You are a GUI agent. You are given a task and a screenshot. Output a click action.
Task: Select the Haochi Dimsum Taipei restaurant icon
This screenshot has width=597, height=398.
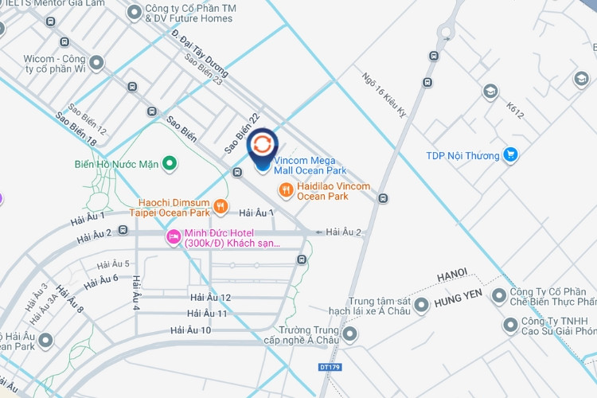(x=221, y=207)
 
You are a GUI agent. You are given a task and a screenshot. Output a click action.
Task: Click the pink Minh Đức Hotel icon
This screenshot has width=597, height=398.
(x=174, y=237)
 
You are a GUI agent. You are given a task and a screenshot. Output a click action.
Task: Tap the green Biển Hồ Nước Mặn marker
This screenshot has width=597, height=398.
(x=169, y=165)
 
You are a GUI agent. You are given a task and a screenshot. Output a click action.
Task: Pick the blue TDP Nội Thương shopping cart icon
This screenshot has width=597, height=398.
(x=510, y=155)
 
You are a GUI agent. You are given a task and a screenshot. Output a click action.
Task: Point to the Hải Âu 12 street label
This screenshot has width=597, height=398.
(x=211, y=297)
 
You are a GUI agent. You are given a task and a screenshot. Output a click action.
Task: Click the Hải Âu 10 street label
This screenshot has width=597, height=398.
(x=190, y=330)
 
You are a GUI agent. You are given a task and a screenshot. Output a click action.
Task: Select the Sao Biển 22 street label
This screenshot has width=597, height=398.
(x=242, y=132)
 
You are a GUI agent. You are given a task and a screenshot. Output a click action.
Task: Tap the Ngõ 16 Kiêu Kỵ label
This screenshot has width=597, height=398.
(x=384, y=96)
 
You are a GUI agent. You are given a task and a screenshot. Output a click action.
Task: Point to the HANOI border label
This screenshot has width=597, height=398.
(x=452, y=274)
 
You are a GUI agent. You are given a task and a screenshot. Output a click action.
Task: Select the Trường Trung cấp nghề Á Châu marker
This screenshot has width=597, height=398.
(x=348, y=334)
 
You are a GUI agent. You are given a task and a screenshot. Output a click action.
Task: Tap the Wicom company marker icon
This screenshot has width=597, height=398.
(x=97, y=61)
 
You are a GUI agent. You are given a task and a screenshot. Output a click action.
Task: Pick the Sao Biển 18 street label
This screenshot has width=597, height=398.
(x=76, y=129)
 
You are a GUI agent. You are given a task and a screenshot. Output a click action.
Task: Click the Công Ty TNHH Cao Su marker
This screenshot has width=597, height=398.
(x=509, y=326)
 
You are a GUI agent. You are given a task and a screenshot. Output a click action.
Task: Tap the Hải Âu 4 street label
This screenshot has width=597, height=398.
(x=136, y=294)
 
